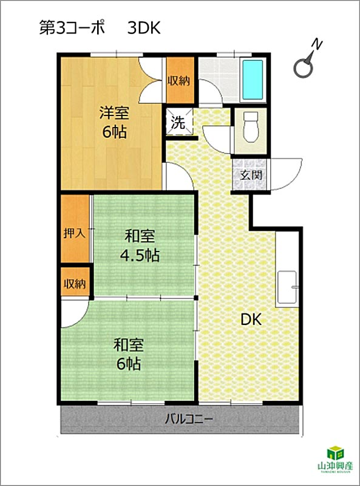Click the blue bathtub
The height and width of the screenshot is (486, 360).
point(253,80)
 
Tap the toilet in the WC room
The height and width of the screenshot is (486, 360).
point(251,127)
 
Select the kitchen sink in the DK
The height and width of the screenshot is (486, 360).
point(287,287)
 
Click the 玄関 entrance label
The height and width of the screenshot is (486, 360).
point(251,176)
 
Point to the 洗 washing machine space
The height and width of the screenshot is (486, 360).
point(178,122)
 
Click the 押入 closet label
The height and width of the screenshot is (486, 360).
point(74,233)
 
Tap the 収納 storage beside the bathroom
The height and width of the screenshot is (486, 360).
point(178,81)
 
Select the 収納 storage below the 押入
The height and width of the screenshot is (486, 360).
point(75,283)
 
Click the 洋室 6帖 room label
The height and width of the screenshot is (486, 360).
point(114,123)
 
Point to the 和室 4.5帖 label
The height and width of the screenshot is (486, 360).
point(140,246)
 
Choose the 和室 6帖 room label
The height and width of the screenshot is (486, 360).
point(129,355)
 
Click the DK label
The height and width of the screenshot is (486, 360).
point(251,320)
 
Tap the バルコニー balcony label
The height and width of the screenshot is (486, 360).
point(189,420)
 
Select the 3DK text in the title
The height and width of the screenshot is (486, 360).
point(144,29)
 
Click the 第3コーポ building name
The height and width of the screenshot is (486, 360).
point(72,28)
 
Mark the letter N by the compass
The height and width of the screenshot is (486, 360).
point(317,45)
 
